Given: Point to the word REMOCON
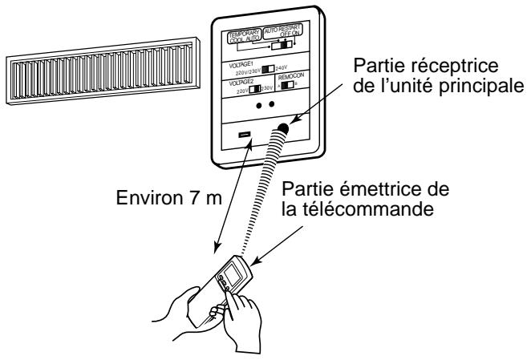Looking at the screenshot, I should (x=292, y=88).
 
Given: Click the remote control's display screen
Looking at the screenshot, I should (x=229, y=277).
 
